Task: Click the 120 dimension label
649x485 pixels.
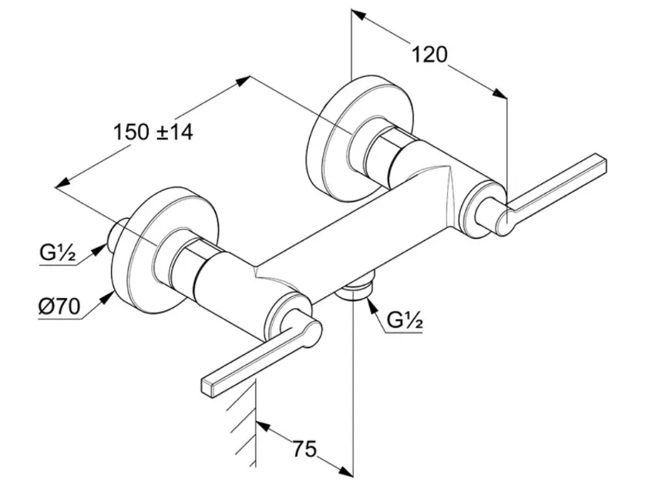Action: pyautogui.click(x=430, y=54)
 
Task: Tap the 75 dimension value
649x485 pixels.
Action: pyautogui.click(x=304, y=448)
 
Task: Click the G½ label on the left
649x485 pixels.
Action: pyautogui.click(x=57, y=252)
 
